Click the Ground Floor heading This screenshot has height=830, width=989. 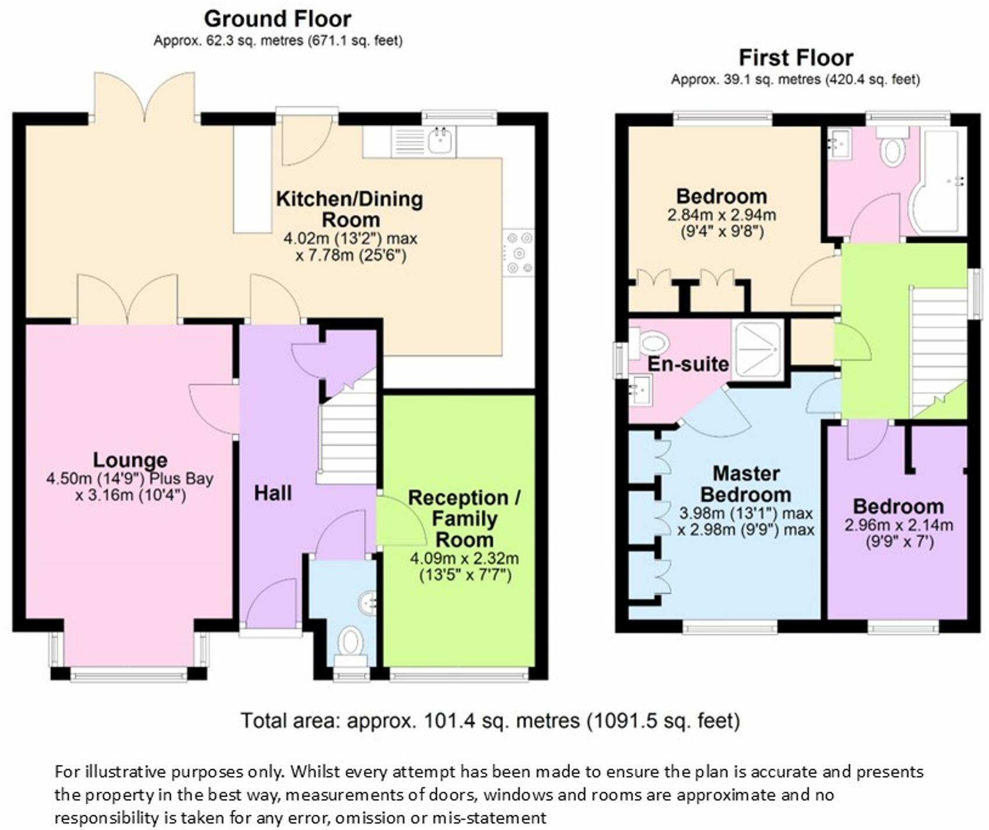(278, 19)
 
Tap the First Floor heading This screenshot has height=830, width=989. (796, 58)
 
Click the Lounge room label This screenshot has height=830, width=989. (130, 460)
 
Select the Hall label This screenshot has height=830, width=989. (273, 494)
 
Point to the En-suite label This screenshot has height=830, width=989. (688, 364)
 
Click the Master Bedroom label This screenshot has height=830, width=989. (746, 484)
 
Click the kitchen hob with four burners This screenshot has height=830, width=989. (519, 253)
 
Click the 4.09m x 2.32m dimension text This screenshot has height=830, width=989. (464, 558)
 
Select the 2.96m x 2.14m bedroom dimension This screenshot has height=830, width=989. (899, 525)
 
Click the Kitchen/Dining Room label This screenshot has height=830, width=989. (349, 209)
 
